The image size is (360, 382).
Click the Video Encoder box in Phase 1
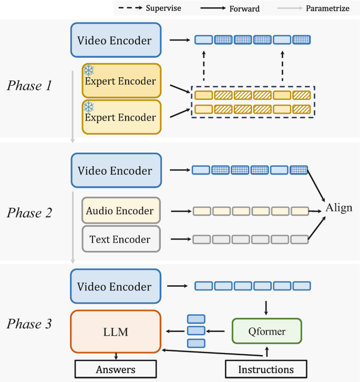tap(115, 40)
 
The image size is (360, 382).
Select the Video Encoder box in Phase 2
tap(115, 170)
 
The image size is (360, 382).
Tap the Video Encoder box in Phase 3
tap(115, 287)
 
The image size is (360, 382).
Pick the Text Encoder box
tap(120, 239)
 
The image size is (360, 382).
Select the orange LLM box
tap(115, 331)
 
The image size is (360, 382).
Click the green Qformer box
tap(266, 331)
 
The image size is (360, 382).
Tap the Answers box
tap(115, 369)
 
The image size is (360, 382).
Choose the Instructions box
tap(266, 369)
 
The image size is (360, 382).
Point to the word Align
tap(339, 207)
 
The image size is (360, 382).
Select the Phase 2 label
tap(29, 213)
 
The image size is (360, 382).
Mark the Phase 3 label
tap(29, 324)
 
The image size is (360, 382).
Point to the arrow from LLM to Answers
tap(115, 357)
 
